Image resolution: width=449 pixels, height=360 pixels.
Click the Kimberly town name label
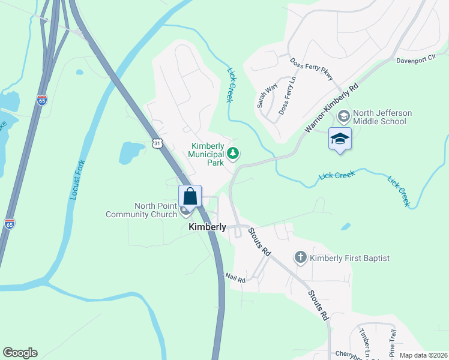[x=207, y=227]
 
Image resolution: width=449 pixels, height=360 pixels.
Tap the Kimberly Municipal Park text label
[x=207, y=154]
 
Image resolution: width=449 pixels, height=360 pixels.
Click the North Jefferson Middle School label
[x=379, y=117]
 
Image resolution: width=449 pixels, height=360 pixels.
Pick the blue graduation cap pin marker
[x=340, y=139]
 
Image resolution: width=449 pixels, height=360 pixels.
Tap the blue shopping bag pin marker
[x=190, y=196]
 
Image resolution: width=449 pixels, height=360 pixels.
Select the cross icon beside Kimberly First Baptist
[x=301, y=258]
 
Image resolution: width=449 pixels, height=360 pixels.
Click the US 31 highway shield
[x=157, y=143]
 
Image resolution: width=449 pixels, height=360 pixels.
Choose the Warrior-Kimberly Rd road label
[x=331, y=107]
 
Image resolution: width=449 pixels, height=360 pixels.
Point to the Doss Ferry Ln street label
[x=288, y=100]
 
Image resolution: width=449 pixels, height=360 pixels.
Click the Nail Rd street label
[x=235, y=278]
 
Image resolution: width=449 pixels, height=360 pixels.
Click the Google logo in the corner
[x=20, y=353]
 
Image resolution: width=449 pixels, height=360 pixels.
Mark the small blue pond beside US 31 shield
[x=131, y=152]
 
